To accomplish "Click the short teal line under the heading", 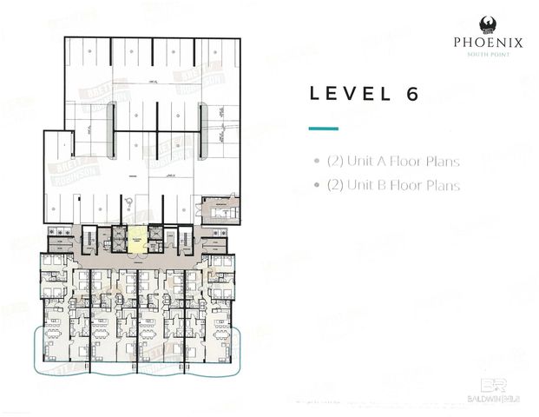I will [x=323, y=128].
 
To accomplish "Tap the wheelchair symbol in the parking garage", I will [x=128, y=202].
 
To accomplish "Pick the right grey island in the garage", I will [x=201, y=121].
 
